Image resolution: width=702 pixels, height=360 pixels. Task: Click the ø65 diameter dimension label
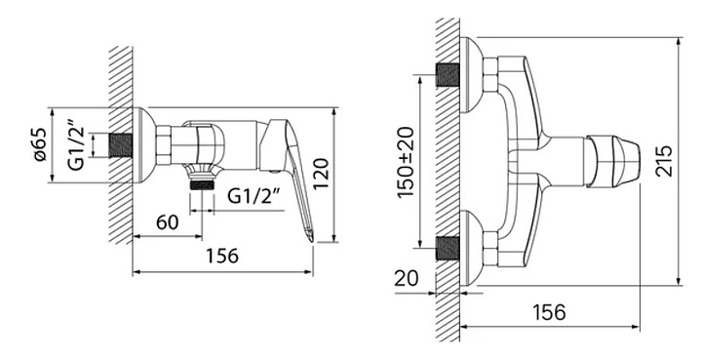click(x=39, y=144)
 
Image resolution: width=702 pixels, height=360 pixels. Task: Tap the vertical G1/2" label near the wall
click(x=77, y=144)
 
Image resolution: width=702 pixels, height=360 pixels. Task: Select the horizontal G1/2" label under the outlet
click(x=253, y=196)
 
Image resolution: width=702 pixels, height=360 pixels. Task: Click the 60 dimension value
click(x=168, y=222)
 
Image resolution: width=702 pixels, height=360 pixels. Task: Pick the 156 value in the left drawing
click(x=222, y=257)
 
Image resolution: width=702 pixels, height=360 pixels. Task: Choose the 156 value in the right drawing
click(x=549, y=312)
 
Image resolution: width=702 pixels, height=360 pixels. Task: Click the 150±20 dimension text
click(x=407, y=163)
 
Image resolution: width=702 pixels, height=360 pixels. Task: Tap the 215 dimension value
click(x=665, y=161)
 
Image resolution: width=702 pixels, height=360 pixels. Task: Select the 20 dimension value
click(x=406, y=278)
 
